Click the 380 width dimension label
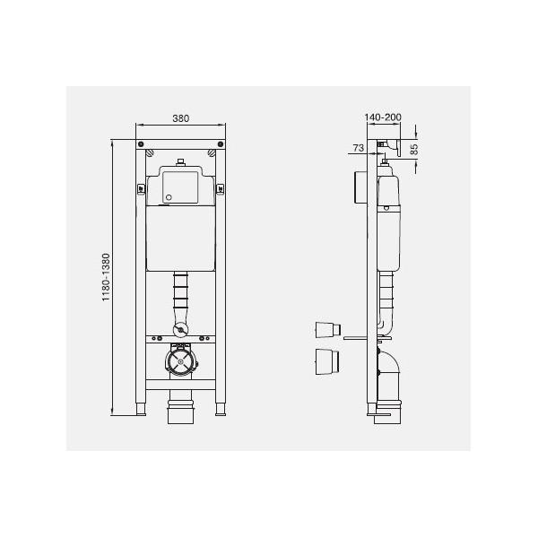(180, 118)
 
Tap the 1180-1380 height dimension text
(106, 277)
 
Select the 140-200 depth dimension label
(383, 117)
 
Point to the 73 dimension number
(358, 148)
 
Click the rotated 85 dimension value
(414, 149)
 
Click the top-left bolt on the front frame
(141, 143)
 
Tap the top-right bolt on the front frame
(221, 143)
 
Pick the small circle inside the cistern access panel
(169, 197)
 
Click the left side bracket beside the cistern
(141, 189)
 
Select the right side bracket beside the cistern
(221, 189)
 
